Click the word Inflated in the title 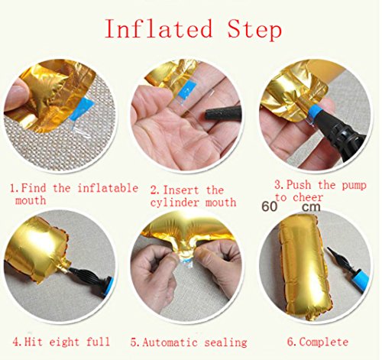pos(159,28)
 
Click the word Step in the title pos(254,31)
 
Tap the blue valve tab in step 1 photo pos(82,111)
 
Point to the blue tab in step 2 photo pos(188,89)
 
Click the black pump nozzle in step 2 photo pos(222,113)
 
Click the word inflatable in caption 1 pos(108,188)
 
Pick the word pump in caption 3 pos(354,186)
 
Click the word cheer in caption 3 pos(308,197)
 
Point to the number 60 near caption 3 pos(270,206)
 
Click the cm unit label pos(312,207)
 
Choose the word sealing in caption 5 pos(225,343)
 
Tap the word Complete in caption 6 pos(323,342)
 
